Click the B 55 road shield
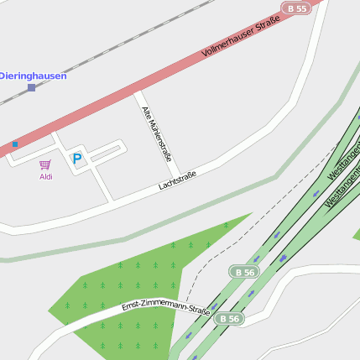click(297, 8)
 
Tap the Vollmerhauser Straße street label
click(240, 39)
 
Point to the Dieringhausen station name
click(33, 76)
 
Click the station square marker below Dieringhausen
click(32, 87)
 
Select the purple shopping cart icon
click(45, 164)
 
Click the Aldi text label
click(45, 176)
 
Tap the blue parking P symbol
click(77, 158)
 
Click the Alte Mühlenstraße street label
click(157, 133)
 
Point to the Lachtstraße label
click(177, 180)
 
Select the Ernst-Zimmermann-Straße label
click(165, 306)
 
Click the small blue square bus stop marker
click(15, 144)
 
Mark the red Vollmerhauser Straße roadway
click(126, 92)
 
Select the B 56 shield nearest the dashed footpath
click(243, 272)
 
